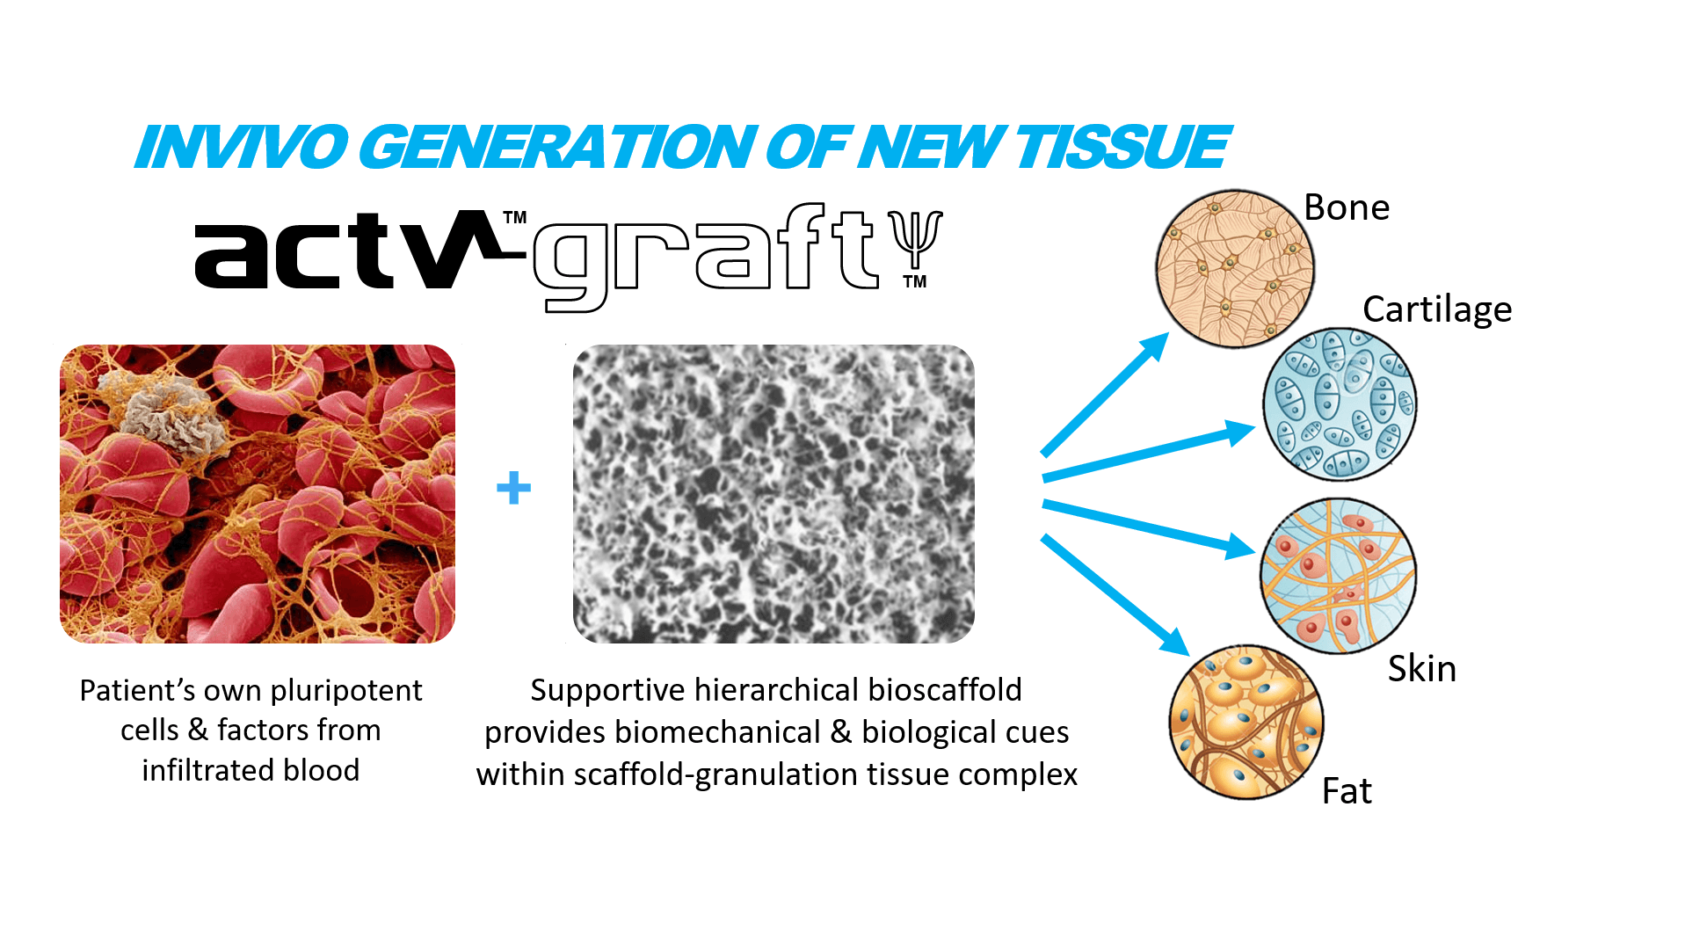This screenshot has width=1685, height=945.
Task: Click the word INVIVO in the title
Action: coord(243,147)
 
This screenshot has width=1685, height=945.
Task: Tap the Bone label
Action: coord(1347,207)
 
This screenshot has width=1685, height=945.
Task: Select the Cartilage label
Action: coord(1437,310)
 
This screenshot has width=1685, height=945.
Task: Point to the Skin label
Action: coord(1422,669)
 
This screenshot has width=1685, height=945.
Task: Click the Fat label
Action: coord(1347,791)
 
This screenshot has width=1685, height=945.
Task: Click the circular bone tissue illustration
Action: coord(1235,269)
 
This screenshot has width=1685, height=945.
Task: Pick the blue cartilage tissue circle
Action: coord(1340,404)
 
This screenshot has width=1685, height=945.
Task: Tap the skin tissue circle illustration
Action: coord(1338,576)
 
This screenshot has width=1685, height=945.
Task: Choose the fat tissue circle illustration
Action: coord(1246,722)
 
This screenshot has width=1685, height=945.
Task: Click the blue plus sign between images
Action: coord(514,488)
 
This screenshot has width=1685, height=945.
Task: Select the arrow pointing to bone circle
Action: coord(1105,394)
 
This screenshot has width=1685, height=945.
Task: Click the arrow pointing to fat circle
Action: coord(1115,595)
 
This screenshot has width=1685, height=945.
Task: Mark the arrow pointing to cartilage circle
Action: coord(1148,451)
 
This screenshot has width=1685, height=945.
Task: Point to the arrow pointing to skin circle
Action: coord(1148,529)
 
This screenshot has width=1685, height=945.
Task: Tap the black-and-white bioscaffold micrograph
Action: coord(774,493)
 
